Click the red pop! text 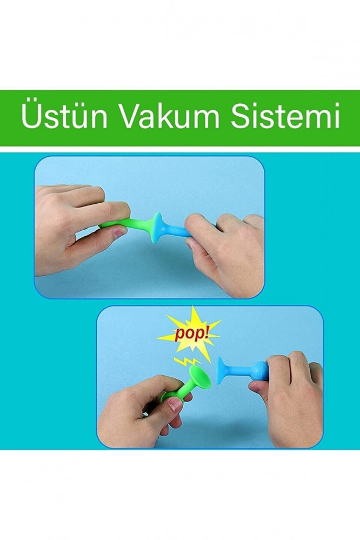tap(192, 334)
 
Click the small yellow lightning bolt tap(187, 361)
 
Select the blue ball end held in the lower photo tap(259, 371)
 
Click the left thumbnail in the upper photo tap(119, 233)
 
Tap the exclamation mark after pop tap(206, 332)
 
